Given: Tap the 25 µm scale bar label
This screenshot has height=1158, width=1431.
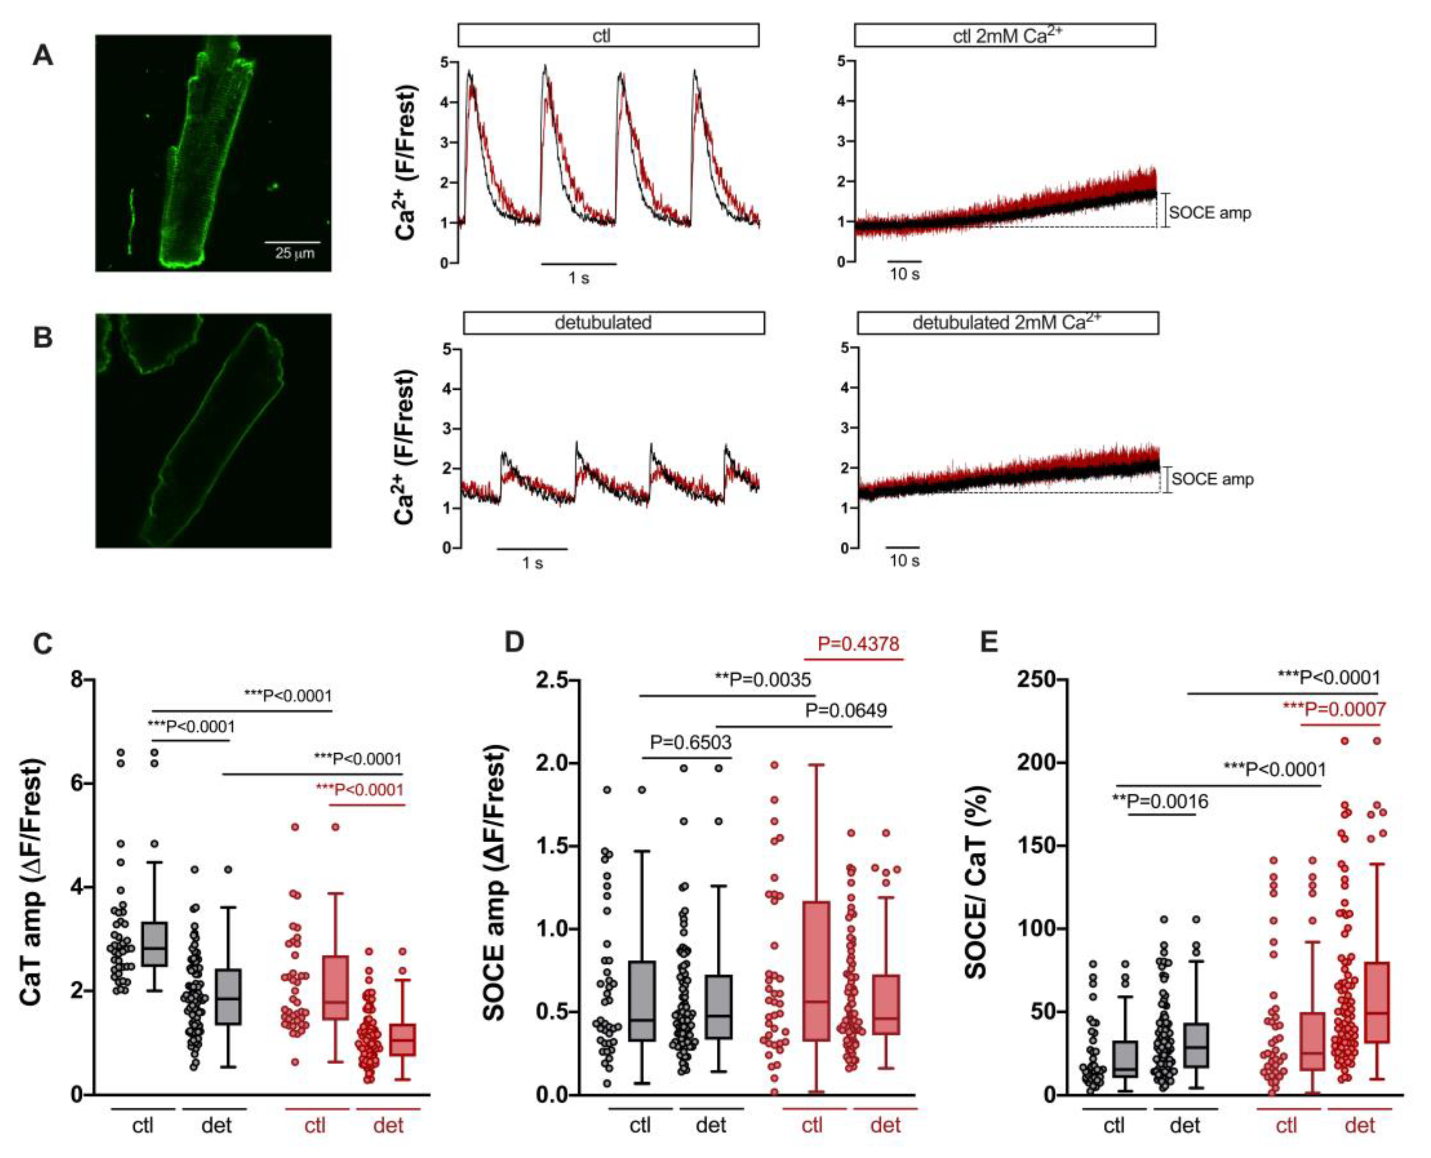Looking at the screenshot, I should tap(295, 254).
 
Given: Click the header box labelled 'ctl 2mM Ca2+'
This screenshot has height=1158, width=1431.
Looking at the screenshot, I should tap(1004, 35).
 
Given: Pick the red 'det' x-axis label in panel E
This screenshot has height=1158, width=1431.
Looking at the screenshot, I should tap(1360, 1125).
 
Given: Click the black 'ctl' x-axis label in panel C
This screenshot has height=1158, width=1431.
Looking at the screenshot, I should tap(143, 1125).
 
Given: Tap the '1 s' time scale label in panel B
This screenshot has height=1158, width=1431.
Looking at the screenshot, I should tap(532, 563).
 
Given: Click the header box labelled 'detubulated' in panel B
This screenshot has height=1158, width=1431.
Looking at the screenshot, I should tap(614, 323).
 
